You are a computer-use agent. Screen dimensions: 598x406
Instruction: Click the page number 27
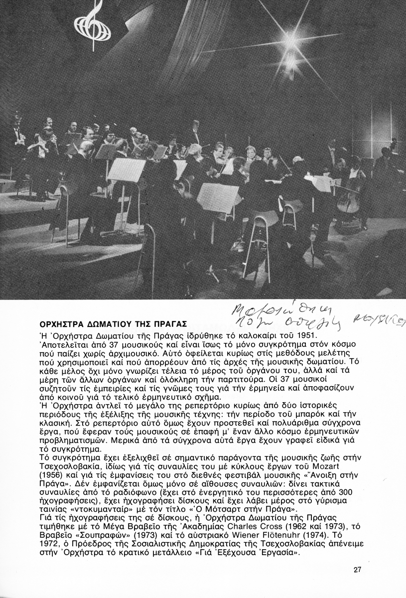pyautogui.click(x=357, y=570)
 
